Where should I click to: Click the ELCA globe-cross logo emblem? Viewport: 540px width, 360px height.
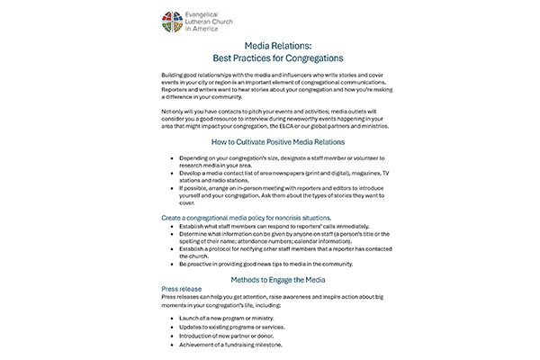pos(170,22)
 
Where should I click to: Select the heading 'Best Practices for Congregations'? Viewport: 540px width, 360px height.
pos(269,58)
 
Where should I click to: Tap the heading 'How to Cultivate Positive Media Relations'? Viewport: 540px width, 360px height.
pos(269,142)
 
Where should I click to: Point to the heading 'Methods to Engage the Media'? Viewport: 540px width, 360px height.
pos(269,280)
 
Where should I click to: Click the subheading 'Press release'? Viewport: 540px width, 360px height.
pos(183,290)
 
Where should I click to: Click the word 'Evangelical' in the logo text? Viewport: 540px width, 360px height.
pos(210,13)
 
